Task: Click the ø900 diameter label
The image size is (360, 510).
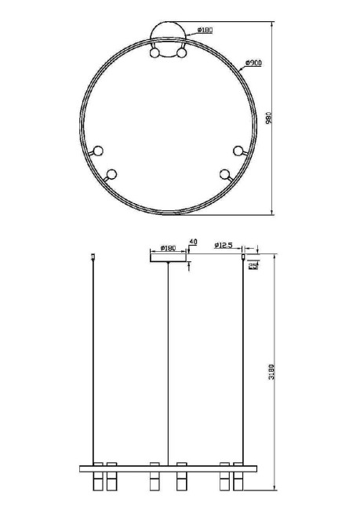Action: [x=253, y=62]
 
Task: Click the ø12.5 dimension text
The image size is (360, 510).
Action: [x=224, y=246]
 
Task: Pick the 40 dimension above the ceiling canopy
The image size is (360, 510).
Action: [x=193, y=242]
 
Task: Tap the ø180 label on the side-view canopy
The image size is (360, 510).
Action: [x=167, y=248]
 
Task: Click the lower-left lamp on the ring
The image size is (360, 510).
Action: [x=111, y=174]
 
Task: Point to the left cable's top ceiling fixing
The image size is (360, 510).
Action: [x=94, y=255]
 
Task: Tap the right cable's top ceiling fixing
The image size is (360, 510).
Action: [x=243, y=255]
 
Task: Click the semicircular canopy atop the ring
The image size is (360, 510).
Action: [x=169, y=35]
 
